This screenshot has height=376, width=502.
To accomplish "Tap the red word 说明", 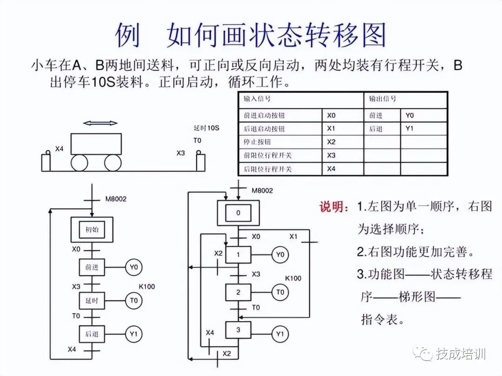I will coord(334,207).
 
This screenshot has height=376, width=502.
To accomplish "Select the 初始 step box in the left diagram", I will coord(92,230).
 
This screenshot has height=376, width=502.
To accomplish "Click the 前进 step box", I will coord(92,267).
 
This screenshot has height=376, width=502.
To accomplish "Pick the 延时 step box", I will coord(92,301).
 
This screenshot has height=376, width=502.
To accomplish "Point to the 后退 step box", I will coord(92,334).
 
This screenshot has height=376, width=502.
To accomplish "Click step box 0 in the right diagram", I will coord(238,213).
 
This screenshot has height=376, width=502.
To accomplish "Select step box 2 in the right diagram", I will coord(238,292).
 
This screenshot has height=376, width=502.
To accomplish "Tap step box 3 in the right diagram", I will coord(238,330).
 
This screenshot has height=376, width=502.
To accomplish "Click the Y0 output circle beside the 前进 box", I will coord(134,267).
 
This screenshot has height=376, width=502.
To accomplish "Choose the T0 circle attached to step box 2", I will coord(280,292).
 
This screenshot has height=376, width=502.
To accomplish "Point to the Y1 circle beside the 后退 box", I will coord(134,334).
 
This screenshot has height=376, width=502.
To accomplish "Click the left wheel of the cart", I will coord(79,163).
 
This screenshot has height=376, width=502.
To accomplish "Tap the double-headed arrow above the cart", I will coord(100,123).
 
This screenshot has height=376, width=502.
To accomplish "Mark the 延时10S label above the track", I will coord(206,128).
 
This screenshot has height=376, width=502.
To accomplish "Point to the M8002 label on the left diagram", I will coord(116,199).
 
